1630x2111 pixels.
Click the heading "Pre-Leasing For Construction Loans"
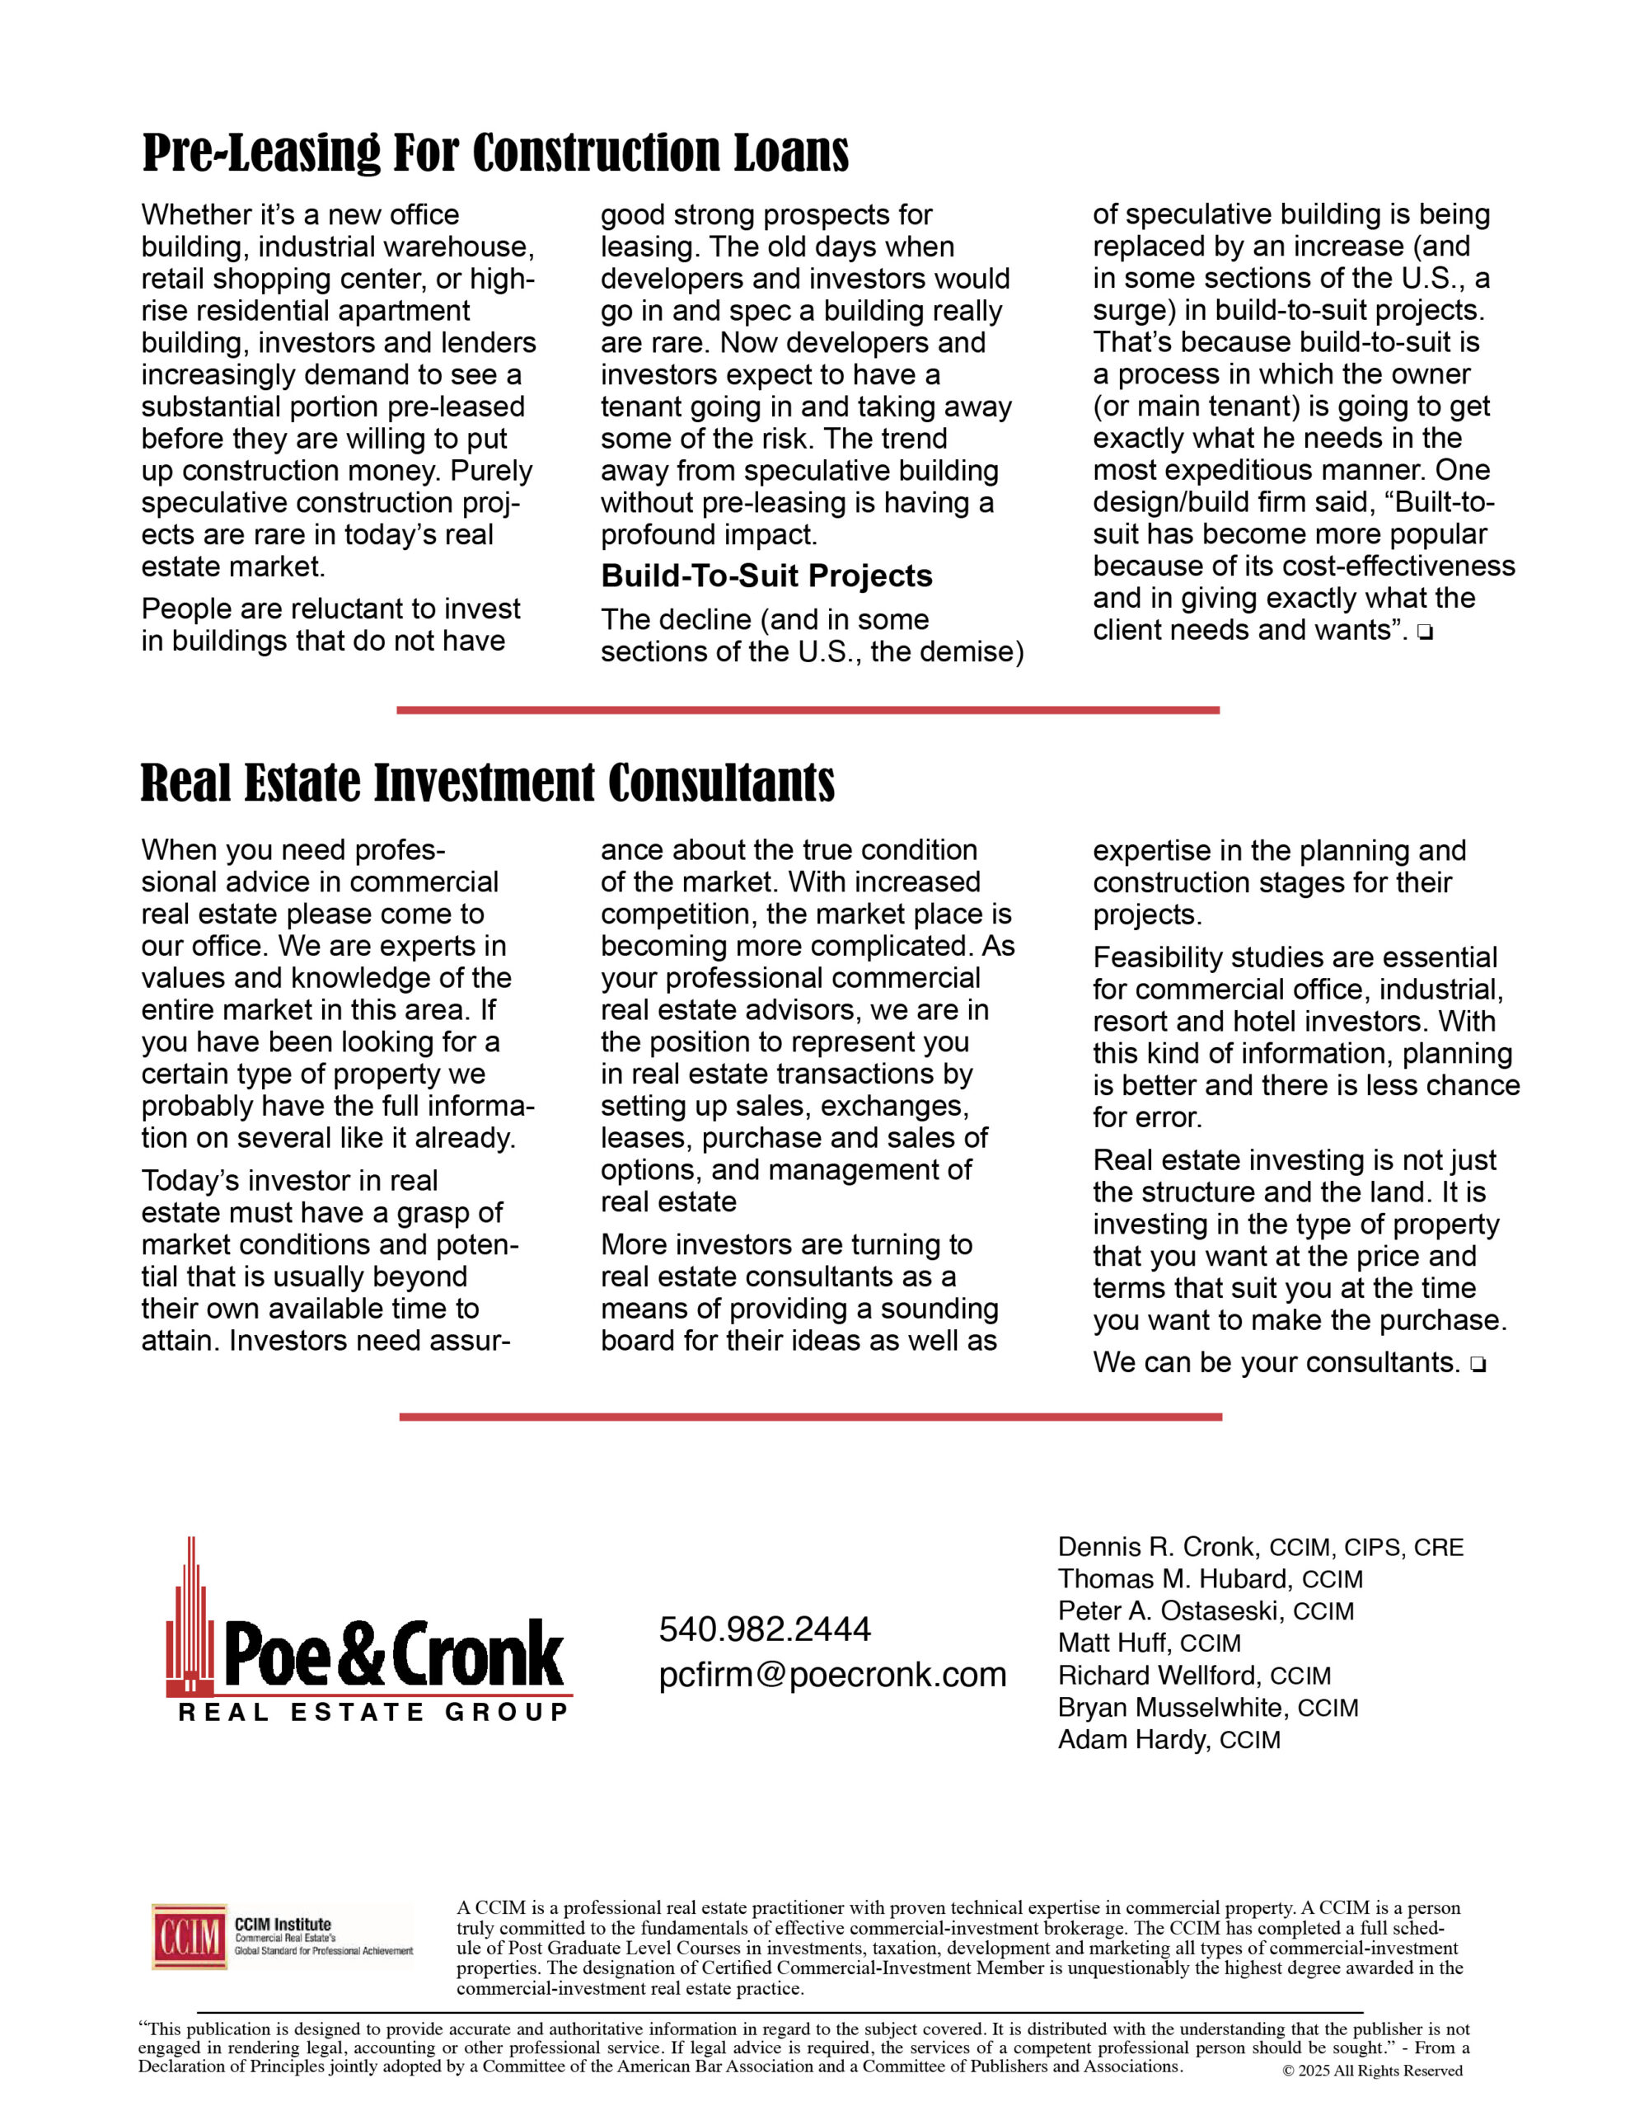click(x=494, y=153)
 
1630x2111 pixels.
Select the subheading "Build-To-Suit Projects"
click(x=766, y=576)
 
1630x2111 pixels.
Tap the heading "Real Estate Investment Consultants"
click(x=487, y=783)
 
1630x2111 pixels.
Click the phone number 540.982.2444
click(x=764, y=1629)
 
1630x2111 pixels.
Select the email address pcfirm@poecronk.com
click(x=832, y=1674)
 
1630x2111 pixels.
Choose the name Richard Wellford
click(x=1159, y=1675)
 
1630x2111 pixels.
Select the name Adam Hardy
click(x=1132, y=1739)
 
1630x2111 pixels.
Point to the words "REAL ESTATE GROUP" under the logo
click(x=373, y=1713)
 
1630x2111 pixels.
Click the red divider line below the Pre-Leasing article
click(x=808, y=711)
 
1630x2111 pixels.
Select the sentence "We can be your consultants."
click(x=1276, y=1363)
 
